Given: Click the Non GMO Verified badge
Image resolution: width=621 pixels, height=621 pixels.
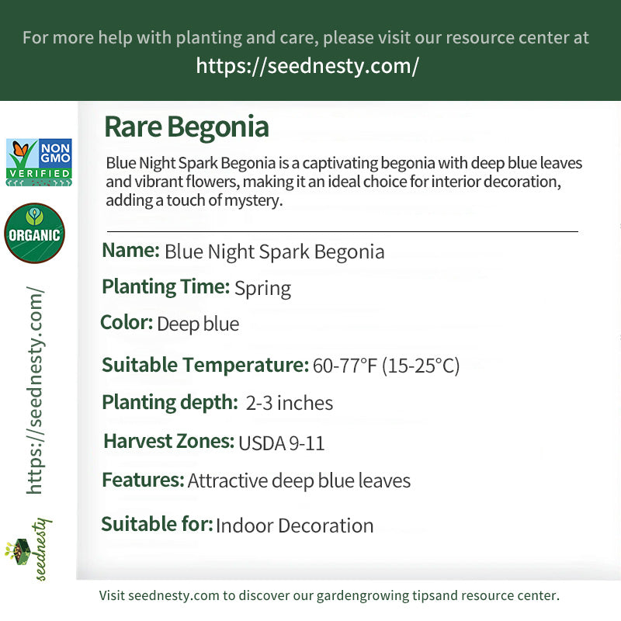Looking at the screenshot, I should pos(39,162).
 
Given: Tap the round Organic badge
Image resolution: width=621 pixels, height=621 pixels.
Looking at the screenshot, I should pos(34,233).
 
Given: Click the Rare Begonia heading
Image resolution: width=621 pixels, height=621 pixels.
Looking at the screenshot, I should pos(186,127).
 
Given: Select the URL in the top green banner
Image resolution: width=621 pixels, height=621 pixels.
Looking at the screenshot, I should pos(307,66).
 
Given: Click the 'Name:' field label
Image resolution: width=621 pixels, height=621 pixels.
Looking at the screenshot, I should pos(130,251).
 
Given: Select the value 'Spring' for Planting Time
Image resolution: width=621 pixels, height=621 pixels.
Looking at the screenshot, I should pos(262,289).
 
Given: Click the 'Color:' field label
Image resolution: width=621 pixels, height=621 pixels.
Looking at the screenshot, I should pos(127,322).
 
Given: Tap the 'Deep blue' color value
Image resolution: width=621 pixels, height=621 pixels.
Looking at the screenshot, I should pos(198,324).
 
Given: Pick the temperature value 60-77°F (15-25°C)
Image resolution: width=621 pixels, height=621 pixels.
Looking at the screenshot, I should pos(386,366).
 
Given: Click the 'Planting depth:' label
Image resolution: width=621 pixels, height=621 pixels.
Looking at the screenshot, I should pos(169,402).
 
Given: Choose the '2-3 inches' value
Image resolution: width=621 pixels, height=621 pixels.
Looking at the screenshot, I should pos(290,404).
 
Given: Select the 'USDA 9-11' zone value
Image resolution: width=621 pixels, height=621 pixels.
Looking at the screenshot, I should pos(281,443).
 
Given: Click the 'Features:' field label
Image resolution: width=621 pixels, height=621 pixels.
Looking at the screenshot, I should pos(143,480).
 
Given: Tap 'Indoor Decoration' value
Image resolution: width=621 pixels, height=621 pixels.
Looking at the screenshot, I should pos(294,526).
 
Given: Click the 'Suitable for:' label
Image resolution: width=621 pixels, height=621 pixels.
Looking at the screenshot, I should pos(157,524).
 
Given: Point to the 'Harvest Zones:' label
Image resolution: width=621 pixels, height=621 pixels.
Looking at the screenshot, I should pos(168,442).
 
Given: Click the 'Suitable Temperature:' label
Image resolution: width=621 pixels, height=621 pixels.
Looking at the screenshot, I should pos(206,365).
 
